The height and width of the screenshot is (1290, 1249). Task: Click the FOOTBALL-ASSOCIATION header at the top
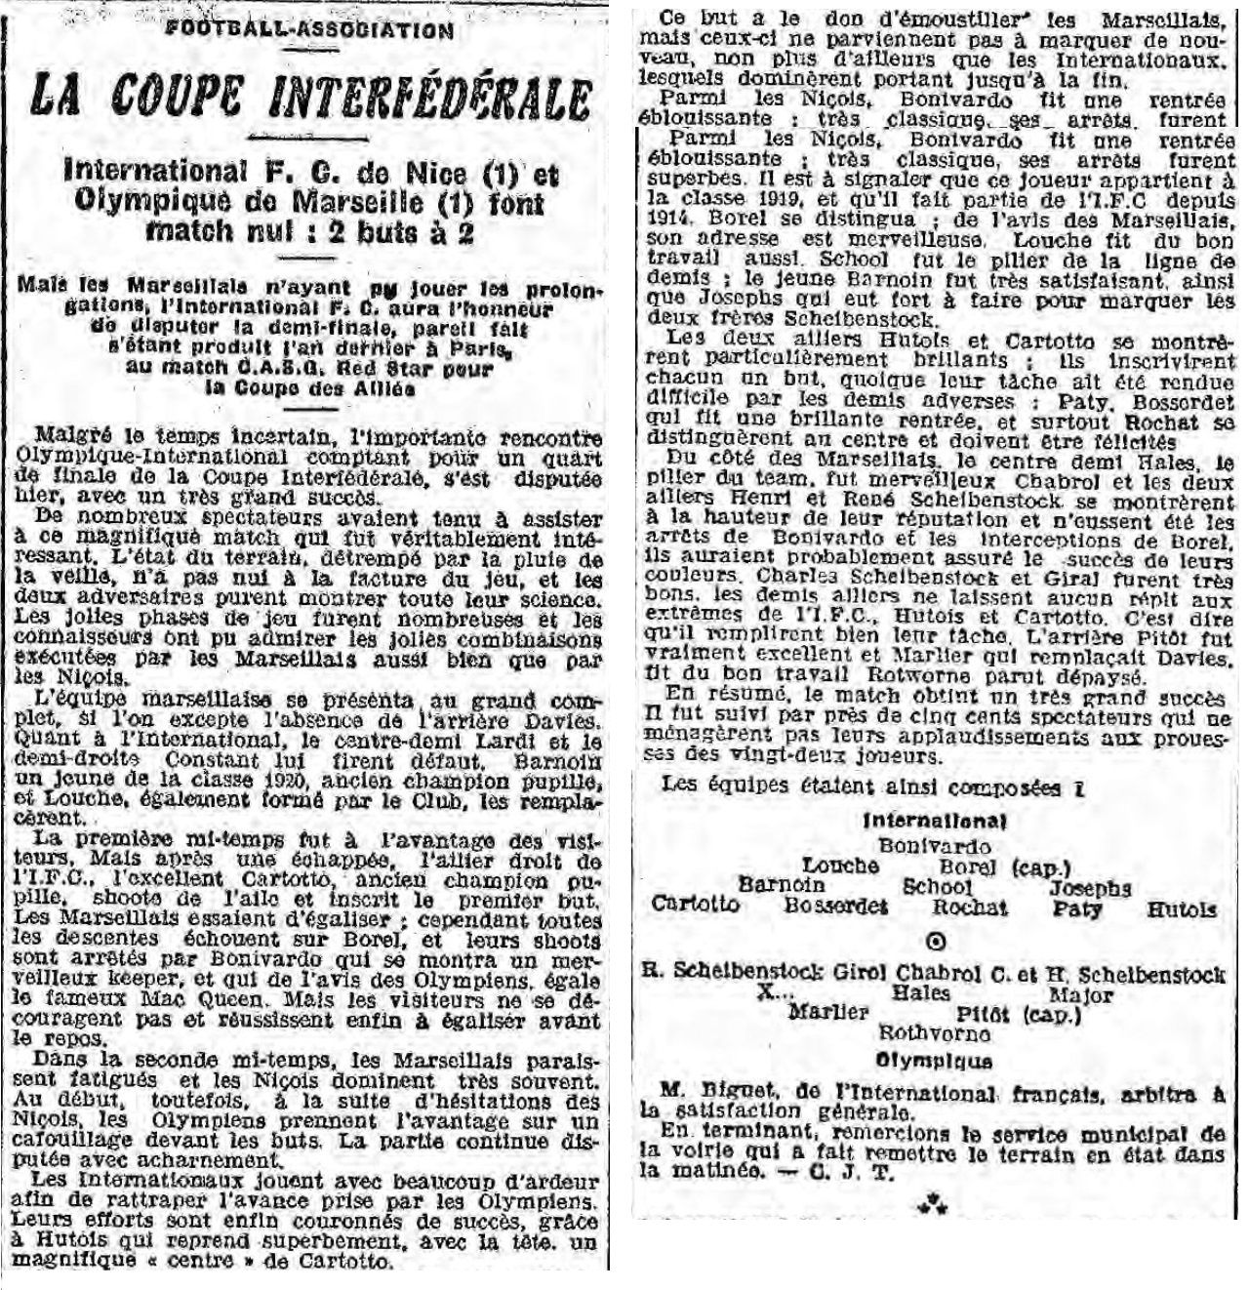tap(309, 29)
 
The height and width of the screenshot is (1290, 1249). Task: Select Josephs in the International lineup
tap(1090, 888)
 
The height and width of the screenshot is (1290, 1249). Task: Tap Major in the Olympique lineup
tap(1080, 995)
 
